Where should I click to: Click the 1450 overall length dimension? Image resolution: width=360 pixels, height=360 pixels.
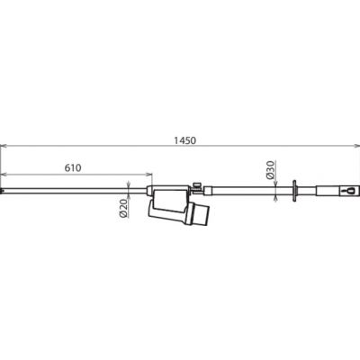coord(184,140)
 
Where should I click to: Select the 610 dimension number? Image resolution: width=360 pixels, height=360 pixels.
coord(73,168)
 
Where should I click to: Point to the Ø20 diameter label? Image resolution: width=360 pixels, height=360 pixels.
coord(123,208)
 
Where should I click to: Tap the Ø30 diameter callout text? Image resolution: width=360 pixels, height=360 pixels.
coord(270,170)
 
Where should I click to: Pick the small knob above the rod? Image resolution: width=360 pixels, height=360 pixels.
coord(197,184)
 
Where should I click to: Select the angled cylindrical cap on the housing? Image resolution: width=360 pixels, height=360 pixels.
coord(200,213)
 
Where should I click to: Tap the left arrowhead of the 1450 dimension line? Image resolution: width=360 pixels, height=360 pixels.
coord(3,146)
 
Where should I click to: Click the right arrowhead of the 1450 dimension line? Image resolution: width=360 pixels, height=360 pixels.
coord(356,146)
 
